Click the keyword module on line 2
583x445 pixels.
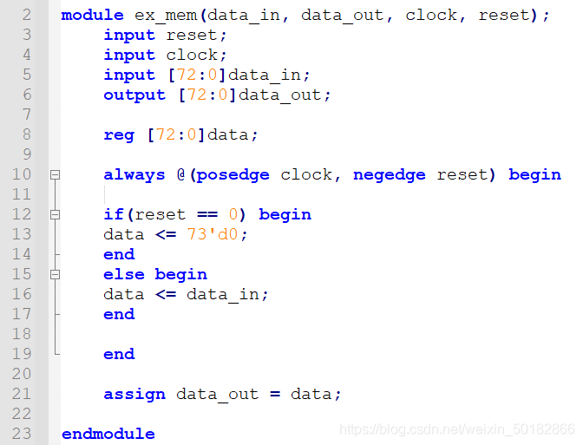pos(92,16)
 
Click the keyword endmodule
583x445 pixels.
pos(108,434)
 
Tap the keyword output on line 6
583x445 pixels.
pos(134,95)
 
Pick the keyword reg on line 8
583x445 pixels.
pos(119,134)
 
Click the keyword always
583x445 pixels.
pos(134,174)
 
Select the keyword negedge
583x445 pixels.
pos(390,174)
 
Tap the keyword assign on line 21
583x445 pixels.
pos(134,394)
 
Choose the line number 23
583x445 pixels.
pos(23,434)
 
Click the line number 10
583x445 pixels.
pos(23,174)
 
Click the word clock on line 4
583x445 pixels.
pos(192,55)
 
